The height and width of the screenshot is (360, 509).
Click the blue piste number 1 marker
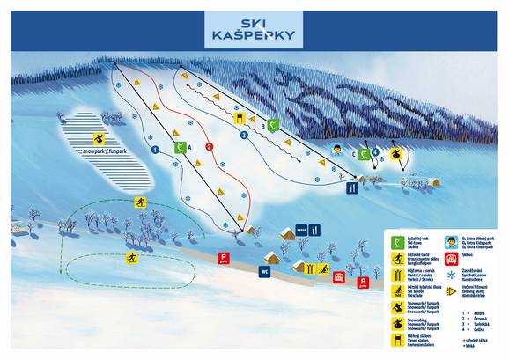(x=155, y=151)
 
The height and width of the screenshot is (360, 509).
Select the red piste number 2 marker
(x=209, y=146)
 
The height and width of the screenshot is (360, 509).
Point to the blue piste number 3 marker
(x=244, y=135)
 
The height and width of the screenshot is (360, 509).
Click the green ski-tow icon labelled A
(x=181, y=147)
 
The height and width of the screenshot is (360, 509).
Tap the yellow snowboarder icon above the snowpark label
(x=100, y=139)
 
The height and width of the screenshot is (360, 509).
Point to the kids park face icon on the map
(x=336, y=150)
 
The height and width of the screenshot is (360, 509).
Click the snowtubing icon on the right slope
(x=398, y=153)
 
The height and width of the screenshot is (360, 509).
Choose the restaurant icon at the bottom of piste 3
(x=353, y=186)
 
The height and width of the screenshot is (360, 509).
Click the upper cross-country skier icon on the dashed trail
(x=139, y=202)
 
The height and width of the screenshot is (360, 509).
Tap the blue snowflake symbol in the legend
(x=450, y=290)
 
